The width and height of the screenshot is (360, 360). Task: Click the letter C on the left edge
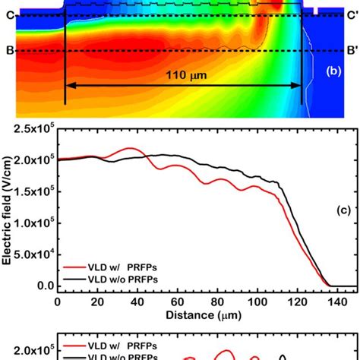(7, 14)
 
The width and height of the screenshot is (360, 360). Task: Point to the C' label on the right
(352, 14)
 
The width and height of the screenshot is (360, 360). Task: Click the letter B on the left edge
(7, 52)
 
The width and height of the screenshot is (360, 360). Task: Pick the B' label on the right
(352, 52)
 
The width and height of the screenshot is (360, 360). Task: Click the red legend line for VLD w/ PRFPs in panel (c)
(74, 268)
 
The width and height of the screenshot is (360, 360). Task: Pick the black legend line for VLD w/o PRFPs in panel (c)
(74, 279)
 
